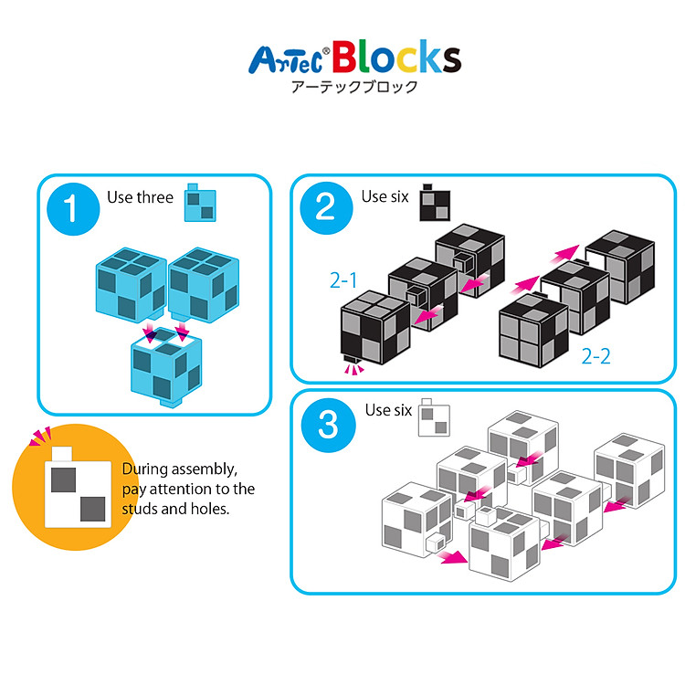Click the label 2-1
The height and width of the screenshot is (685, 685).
click(343, 279)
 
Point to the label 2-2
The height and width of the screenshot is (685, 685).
click(595, 355)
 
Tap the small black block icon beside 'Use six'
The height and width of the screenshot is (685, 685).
click(434, 204)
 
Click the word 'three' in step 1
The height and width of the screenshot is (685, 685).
click(156, 197)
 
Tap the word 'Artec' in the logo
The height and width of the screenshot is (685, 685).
click(289, 60)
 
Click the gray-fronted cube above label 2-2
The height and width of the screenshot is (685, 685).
click(534, 328)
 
